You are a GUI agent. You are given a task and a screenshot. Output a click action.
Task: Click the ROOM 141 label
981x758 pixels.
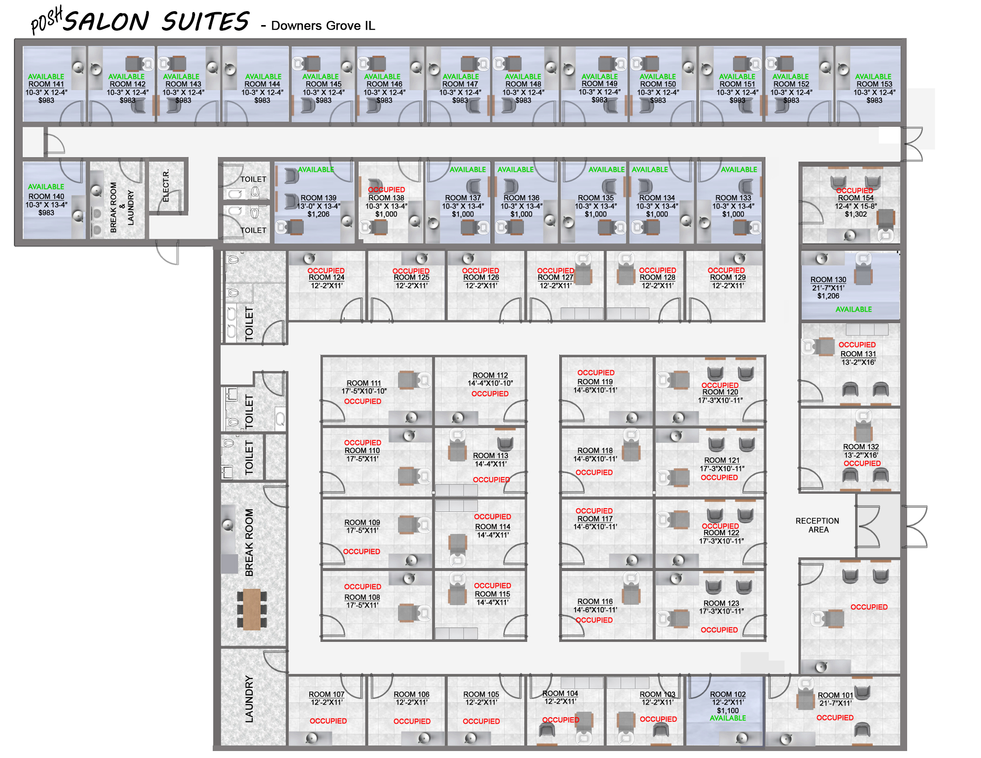pyautogui.click(x=46, y=84)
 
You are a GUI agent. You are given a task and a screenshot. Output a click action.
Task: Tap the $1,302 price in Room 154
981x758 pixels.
pyautogui.click(x=856, y=214)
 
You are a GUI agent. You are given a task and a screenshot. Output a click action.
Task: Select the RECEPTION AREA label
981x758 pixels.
pyautogui.click(x=817, y=525)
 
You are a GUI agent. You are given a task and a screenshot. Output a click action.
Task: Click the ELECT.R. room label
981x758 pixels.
pyautogui.click(x=166, y=186)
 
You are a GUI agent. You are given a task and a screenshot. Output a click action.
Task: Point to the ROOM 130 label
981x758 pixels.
pyautogui.click(x=828, y=280)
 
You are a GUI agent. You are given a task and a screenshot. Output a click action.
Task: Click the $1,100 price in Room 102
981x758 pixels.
pyautogui.click(x=727, y=711)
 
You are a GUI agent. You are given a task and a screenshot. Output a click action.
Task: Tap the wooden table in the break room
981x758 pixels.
pyautogui.click(x=252, y=609)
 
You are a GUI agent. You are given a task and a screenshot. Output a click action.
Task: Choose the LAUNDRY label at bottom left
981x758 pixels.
pyautogui.click(x=249, y=699)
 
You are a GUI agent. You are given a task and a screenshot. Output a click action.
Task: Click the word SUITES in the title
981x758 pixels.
pyautogui.click(x=205, y=22)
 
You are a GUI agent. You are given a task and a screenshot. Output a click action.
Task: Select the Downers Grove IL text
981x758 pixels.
pyautogui.click(x=323, y=26)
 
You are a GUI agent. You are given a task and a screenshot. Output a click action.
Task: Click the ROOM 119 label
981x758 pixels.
pyautogui.click(x=595, y=382)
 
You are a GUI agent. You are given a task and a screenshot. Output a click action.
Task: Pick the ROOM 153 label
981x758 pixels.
pyautogui.click(x=874, y=84)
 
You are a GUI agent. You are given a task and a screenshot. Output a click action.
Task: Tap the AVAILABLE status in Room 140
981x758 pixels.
pyautogui.click(x=46, y=187)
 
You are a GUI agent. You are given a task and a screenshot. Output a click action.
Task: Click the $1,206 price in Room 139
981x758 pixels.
pyautogui.click(x=318, y=214)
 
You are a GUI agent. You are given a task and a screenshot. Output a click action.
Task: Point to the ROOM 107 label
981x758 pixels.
pyautogui.click(x=327, y=694)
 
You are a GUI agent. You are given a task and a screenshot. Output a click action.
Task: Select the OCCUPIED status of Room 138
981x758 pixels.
pyautogui.click(x=386, y=189)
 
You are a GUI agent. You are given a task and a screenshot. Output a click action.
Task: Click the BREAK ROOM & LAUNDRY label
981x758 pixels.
pyautogui.click(x=122, y=207)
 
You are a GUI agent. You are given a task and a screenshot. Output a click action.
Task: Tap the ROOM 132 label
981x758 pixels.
pyautogui.click(x=861, y=447)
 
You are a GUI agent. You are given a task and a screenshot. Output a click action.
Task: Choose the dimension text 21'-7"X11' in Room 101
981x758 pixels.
pyautogui.click(x=835, y=703)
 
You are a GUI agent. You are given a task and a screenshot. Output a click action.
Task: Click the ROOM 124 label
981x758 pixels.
pyautogui.click(x=327, y=277)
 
